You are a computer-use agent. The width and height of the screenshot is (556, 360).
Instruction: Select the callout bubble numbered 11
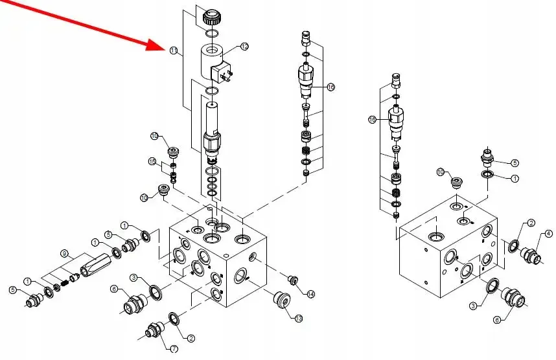pyautogui.click(x=173, y=51)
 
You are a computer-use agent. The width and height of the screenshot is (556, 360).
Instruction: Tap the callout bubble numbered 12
pyautogui.click(x=244, y=46)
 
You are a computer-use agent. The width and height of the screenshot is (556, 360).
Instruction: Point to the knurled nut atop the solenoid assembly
pyautogui.click(x=212, y=16)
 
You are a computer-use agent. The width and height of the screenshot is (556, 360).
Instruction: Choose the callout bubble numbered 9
pyautogui.click(x=64, y=253)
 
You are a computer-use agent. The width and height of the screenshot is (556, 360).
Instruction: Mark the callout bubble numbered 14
pyautogui.click(x=311, y=295)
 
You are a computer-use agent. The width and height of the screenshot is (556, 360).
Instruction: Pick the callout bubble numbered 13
pyautogui.click(x=299, y=318)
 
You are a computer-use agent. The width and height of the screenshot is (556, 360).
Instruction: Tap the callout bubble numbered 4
pyautogui.click(x=548, y=234)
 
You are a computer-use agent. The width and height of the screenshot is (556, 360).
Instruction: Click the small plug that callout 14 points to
pyautogui.click(x=292, y=280)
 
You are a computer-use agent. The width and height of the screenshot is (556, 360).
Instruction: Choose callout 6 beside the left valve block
pyautogui.click(x=113, y=289)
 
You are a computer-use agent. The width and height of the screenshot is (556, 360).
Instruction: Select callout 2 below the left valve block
pyautogui.click(x=191, y=338)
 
